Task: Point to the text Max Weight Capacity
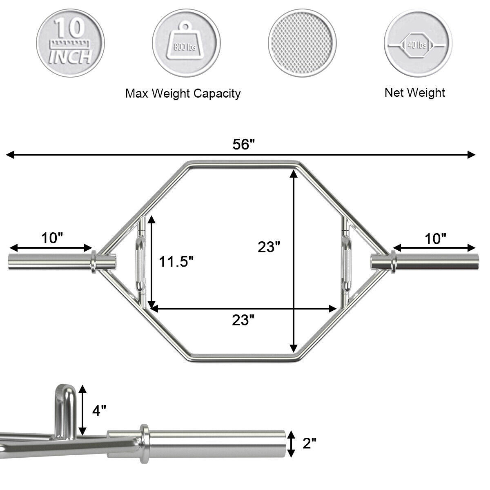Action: (x=183, y=94)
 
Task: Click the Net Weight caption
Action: (x=414, y=93)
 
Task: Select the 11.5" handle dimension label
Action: (x=176, y=261)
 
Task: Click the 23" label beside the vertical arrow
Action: (x=269, y=247)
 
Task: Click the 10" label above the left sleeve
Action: (x=52, y=238)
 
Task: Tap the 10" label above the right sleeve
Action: (x=435, y=238)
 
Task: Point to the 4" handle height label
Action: (x=99, y=410)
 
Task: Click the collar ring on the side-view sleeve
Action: (x=145, y=443)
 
